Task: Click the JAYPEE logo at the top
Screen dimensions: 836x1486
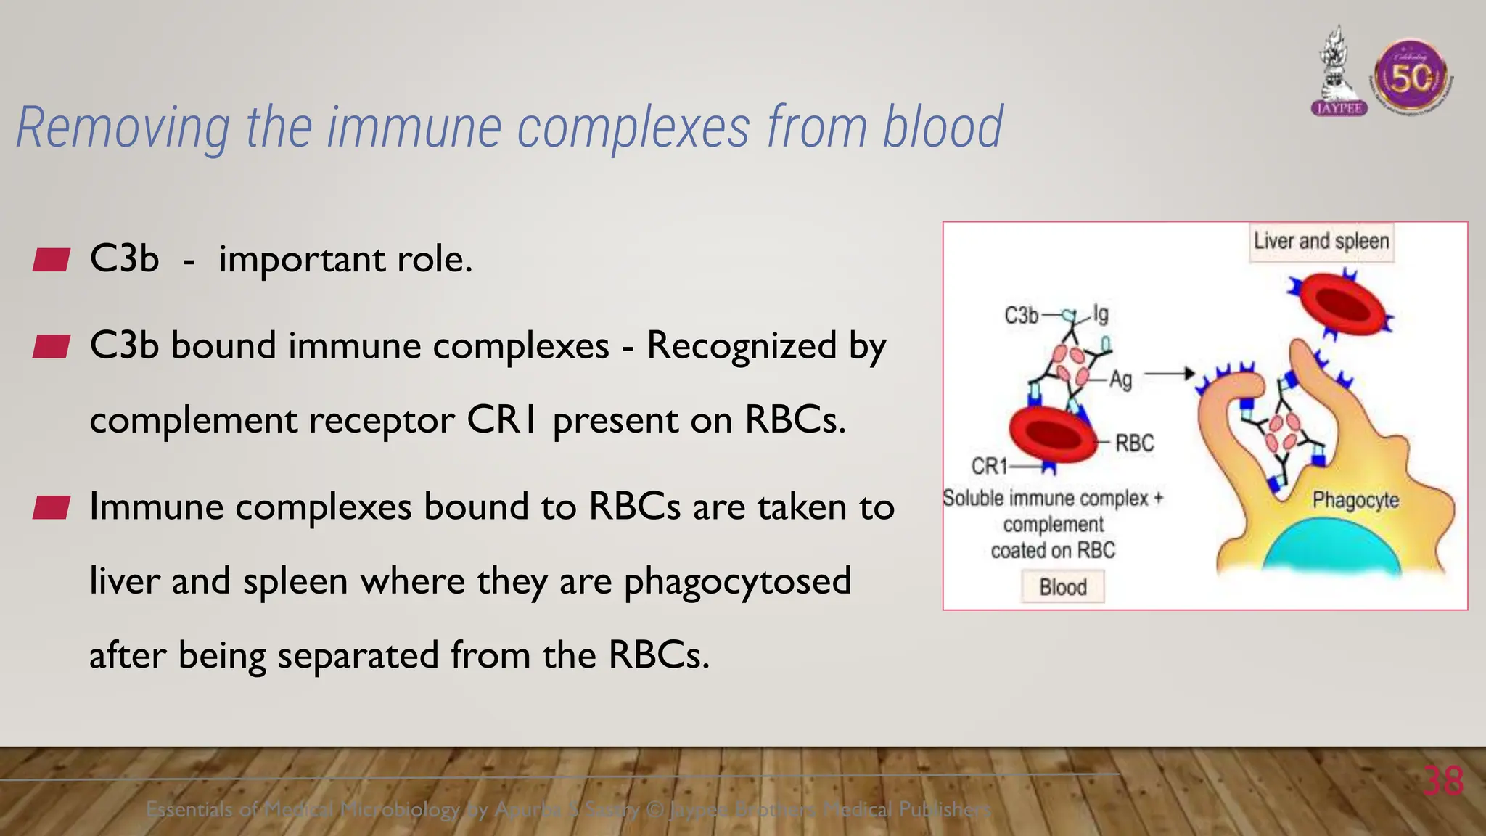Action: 1339,73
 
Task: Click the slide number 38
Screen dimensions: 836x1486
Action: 1442,782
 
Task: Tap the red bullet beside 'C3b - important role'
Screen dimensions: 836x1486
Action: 51,260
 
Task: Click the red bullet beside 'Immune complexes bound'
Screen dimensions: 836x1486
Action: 51,508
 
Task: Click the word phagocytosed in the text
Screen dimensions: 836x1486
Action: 737,581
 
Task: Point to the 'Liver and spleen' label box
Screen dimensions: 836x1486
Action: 1321,242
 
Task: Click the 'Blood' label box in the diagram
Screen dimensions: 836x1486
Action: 1063,586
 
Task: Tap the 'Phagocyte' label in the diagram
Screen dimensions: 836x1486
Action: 1355,500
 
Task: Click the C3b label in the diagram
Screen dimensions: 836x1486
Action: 1021,316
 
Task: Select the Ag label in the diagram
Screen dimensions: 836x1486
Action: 1121,380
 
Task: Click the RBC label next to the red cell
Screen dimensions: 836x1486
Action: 1134,443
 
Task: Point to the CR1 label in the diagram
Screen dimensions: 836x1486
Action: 989,466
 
